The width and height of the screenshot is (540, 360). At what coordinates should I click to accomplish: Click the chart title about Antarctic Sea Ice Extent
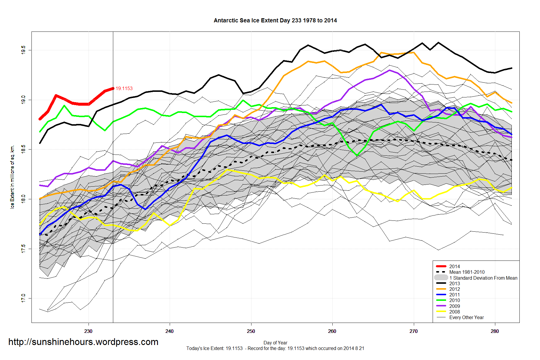click(275, 21)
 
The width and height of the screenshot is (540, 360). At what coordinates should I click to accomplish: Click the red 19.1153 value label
click(124, 88)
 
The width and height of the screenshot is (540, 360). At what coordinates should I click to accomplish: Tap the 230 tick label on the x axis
click(88, 331)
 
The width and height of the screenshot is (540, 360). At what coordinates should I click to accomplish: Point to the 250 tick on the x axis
click(251, 331)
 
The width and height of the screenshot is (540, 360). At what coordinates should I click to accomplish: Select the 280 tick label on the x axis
click(495, 331)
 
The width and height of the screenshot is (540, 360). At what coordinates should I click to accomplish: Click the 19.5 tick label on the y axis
click(23, 50)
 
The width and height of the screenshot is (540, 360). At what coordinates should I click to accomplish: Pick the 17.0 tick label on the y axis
click(23, 298)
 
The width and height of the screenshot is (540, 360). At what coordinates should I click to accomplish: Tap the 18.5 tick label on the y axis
click(23, 149)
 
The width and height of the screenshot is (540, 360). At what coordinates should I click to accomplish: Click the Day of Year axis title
click(275, 343)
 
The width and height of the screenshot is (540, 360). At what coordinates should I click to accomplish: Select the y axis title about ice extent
click(12, 177)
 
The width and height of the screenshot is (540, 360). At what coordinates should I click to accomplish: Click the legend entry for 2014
click(454, 266)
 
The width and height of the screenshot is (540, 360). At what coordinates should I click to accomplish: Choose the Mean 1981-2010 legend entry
click(467, 272)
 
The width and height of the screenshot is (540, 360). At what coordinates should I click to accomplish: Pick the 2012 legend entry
click(454, 289)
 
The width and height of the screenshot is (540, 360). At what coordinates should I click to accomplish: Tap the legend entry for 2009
click(454, 306)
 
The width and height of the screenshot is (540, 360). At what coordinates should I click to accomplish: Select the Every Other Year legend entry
click(466, 317)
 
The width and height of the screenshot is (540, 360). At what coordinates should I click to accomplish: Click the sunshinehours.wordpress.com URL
click(83, 342)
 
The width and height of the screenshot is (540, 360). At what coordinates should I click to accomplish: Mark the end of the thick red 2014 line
click(113, 88)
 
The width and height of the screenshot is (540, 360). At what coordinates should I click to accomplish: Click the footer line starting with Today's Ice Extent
click(275, 349)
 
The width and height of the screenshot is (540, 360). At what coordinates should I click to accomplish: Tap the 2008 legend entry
click(454, 312)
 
